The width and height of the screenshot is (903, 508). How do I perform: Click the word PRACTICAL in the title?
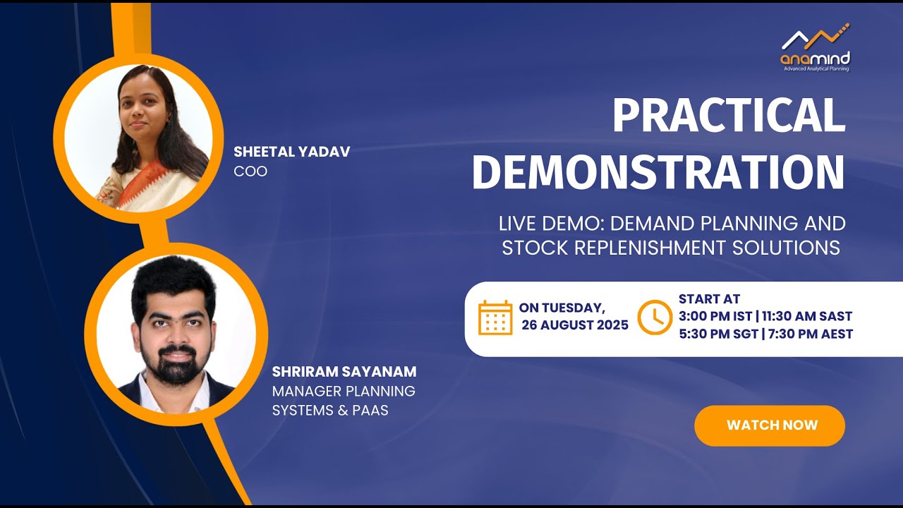click(729, 116)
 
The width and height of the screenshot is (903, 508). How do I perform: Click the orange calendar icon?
click(495, 317)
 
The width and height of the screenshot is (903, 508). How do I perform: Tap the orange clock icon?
click(654, 317)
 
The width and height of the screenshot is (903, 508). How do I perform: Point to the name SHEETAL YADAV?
click(291, 152)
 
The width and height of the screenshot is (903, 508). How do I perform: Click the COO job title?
click(250, 171)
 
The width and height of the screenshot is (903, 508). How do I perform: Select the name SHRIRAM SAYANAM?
click(344, 372)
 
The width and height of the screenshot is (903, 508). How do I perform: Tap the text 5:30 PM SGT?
click(717, 334)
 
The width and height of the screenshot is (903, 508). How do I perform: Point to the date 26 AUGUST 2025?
click(575, 325)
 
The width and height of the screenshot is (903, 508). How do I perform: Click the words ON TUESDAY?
click(562, 308)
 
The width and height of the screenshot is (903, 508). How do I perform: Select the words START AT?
click(709, 299)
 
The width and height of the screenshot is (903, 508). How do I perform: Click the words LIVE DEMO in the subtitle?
click(550, 224)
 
